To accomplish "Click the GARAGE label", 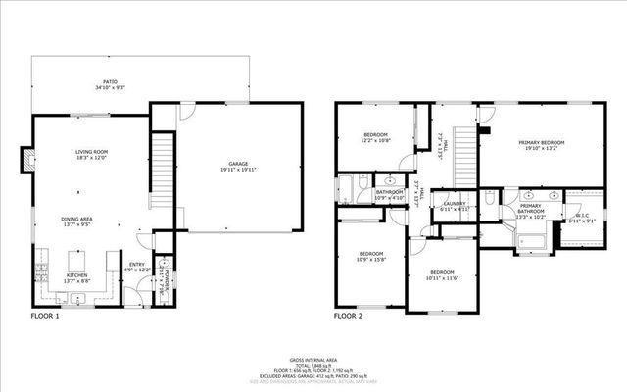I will pos(239,164).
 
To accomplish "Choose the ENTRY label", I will pos(136,264).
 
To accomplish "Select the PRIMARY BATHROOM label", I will pos(531,210).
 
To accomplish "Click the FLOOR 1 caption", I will pos(45,317).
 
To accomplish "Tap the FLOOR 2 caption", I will pos(348,317).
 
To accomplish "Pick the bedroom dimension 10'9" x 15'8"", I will pos(371,259).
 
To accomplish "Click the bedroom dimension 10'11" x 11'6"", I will pos(441,278).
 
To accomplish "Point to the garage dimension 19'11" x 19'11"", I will pos(239,170).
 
